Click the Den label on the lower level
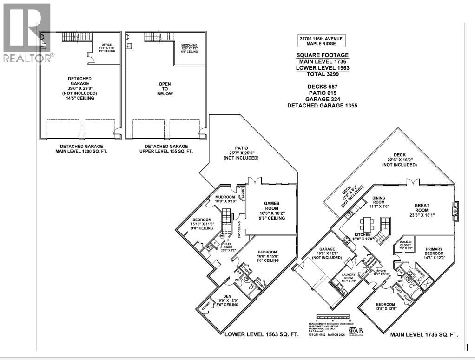coord(228,298)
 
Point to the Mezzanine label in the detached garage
coord(190,48)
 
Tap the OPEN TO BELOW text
coord(165,89)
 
